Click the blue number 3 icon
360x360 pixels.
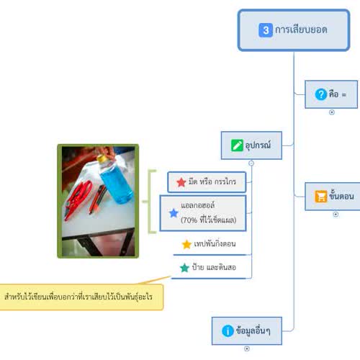(x=266, y=30)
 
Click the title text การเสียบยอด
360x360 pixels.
(x=301, y=30)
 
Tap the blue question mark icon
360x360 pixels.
(x=321, y=94)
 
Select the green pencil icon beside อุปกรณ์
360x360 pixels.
(x=237, y=145)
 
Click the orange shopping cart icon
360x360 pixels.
(x=321, y=197)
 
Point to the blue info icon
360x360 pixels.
(x=228, y=331)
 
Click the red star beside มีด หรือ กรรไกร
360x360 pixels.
(x=181, y=182)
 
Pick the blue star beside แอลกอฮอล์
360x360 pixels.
(x=174, y=213)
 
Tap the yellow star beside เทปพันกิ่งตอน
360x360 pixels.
(x=186, y=244)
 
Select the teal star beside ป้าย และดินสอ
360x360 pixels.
(x=184, y=268)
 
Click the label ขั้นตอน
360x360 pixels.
(x=341, y=195)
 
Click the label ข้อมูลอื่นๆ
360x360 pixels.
(x=253, y=330)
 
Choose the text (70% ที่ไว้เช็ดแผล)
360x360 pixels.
(x=209, y=220)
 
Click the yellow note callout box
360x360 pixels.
(x=81, y=297)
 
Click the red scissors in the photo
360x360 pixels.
(x=78, y=199)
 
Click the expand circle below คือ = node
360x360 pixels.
(x=332, y=112)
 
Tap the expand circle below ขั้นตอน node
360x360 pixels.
(x=336, y=215)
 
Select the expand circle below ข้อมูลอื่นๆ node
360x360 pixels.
(x=247, y=348)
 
